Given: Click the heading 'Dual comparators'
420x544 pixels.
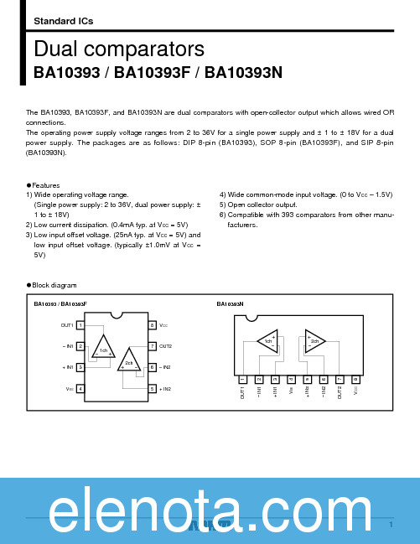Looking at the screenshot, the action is click(x=119, y=48).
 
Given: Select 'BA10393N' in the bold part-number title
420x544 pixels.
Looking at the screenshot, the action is click(x=244, y=72).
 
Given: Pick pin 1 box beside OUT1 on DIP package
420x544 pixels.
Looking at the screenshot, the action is click(x=80, y=324).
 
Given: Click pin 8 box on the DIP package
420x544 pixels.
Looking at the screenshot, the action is click(x=152, y=324).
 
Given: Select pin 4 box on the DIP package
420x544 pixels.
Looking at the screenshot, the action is click(x=80, y=389).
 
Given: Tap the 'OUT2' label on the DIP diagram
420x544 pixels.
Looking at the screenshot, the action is click(x=166, y=346).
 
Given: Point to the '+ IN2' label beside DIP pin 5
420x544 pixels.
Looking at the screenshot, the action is click(x=165, y=389).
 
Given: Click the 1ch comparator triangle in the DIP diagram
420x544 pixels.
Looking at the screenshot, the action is click(x=103, y=348).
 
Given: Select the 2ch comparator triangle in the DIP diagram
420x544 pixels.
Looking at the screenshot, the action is click(x=129, y=361).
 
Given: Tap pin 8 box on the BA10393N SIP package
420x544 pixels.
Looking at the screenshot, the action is click(x=355, y=380).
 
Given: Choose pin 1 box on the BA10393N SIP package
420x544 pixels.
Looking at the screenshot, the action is click(x=242, y=380).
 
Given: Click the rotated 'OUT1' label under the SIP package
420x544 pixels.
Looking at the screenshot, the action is click(x=243, y=392).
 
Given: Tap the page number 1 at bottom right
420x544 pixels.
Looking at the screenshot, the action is click(x=391, y=525).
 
